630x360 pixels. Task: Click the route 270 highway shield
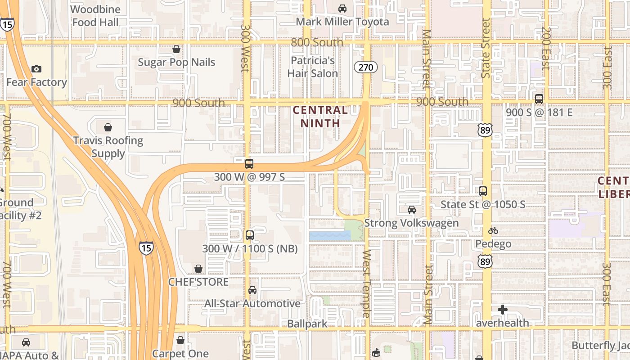(365, 67)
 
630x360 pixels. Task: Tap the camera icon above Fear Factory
(36, 69)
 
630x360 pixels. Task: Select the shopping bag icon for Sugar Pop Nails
(176, 49)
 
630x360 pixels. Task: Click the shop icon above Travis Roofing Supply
(108, 127)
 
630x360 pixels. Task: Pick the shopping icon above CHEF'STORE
(198, 269)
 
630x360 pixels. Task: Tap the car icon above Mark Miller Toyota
(342, 8)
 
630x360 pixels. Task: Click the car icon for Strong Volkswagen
(411, 209)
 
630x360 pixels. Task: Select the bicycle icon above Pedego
(493, 230)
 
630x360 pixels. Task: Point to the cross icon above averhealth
(503, 309)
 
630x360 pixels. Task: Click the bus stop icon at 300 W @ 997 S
(249, 163)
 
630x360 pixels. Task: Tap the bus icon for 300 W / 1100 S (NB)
(250, 235)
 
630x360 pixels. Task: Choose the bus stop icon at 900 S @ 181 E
(539, 99)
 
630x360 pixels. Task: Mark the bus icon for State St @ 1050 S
(483, 191)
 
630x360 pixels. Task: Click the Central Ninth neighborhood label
(320, 116)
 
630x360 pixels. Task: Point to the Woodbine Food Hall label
(95, 16)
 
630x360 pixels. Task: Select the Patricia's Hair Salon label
(313, 67)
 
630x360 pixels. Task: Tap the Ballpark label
(307, 324)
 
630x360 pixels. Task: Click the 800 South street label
(317, 42)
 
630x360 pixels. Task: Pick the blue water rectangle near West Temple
(330, 235)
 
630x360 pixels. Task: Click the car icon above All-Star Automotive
(252, 290)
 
